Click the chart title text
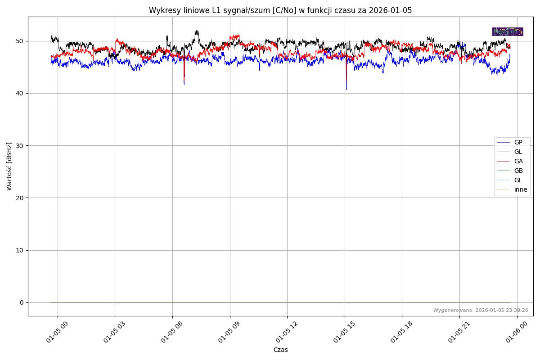point(280,10)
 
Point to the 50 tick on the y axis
point(20,41)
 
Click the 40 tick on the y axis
point(20,93)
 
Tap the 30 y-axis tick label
point(20,145)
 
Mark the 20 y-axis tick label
point(20,198)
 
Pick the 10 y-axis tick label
point(20,250)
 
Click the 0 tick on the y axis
point(22,302)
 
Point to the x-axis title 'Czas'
point(280,350)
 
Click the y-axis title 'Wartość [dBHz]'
point(9,166)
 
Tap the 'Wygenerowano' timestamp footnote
point(481,310)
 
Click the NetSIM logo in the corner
point(508,31)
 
